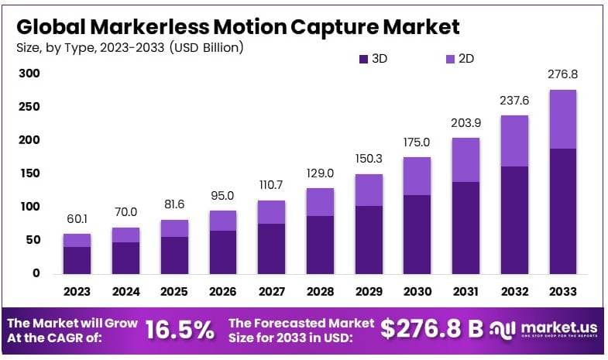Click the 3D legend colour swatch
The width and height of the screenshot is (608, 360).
pos(363,58)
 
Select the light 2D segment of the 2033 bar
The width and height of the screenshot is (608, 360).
pos(562,118)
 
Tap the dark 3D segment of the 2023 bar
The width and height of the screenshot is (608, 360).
pos(77,259)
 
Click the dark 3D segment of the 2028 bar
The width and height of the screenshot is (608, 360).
pos(320,244)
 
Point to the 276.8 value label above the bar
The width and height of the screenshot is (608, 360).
pos(562,74)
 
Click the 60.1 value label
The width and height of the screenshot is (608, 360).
pos(77,218)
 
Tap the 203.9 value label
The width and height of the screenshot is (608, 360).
pos(465,122)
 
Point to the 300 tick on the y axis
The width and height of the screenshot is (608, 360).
pos(29,74)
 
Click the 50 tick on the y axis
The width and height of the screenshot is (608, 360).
pos(33,240)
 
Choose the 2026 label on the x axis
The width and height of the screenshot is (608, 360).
pos(223,292)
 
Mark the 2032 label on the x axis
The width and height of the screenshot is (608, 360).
pos(514,292)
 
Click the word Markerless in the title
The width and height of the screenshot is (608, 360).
pos(148,26)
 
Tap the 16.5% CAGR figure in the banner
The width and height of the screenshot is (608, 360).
pos(179,330)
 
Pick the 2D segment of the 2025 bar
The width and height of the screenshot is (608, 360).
pos(174,228)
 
